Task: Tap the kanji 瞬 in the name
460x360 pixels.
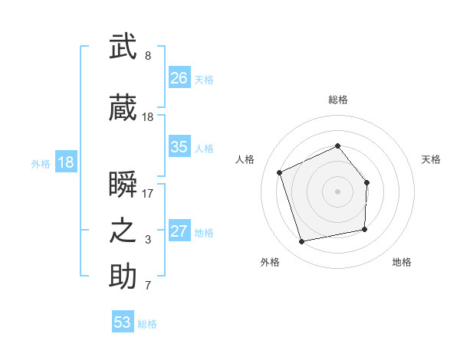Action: (123, 185)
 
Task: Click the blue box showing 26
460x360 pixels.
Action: (179, 78)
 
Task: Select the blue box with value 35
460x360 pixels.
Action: (179, 147)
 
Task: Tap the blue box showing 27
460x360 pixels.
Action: (179, 231)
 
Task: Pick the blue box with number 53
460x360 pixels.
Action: (123, 322)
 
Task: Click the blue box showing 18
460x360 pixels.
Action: (65, 162)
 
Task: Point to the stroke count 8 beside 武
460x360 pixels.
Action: (148, 56)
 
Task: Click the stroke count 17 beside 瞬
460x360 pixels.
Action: (148, 194)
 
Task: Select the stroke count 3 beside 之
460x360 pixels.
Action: (148, 240)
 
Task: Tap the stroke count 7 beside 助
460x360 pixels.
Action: (148, 286)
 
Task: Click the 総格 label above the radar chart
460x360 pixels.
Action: (337, 100)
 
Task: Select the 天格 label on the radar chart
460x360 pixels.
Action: (431, 159)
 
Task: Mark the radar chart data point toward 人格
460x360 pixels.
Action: (280, 172)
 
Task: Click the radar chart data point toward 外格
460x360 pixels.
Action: (302, 241)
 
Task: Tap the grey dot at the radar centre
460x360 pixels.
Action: (337, 191)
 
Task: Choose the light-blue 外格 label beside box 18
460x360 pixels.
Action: (40, 163)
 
